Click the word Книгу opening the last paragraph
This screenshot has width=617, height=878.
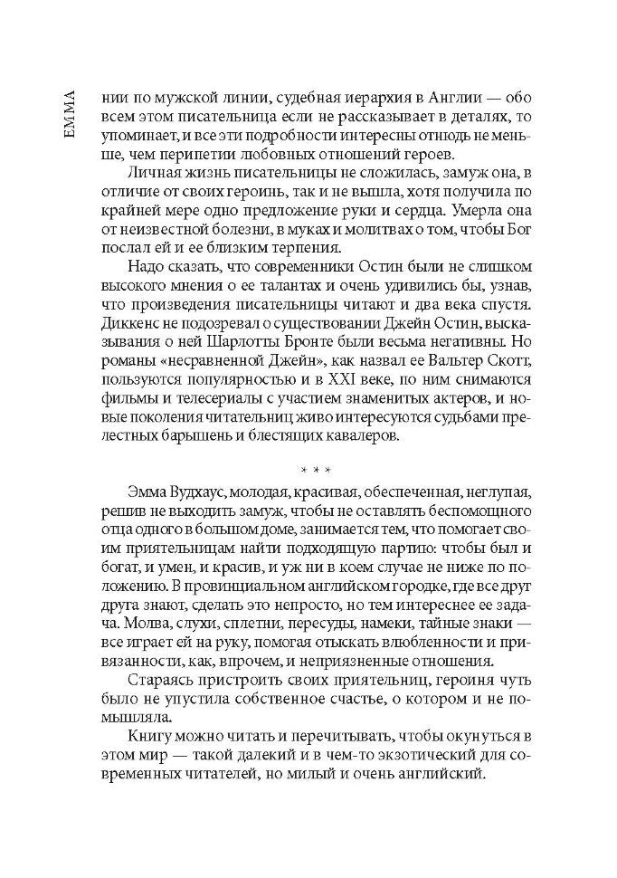(149, 735)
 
